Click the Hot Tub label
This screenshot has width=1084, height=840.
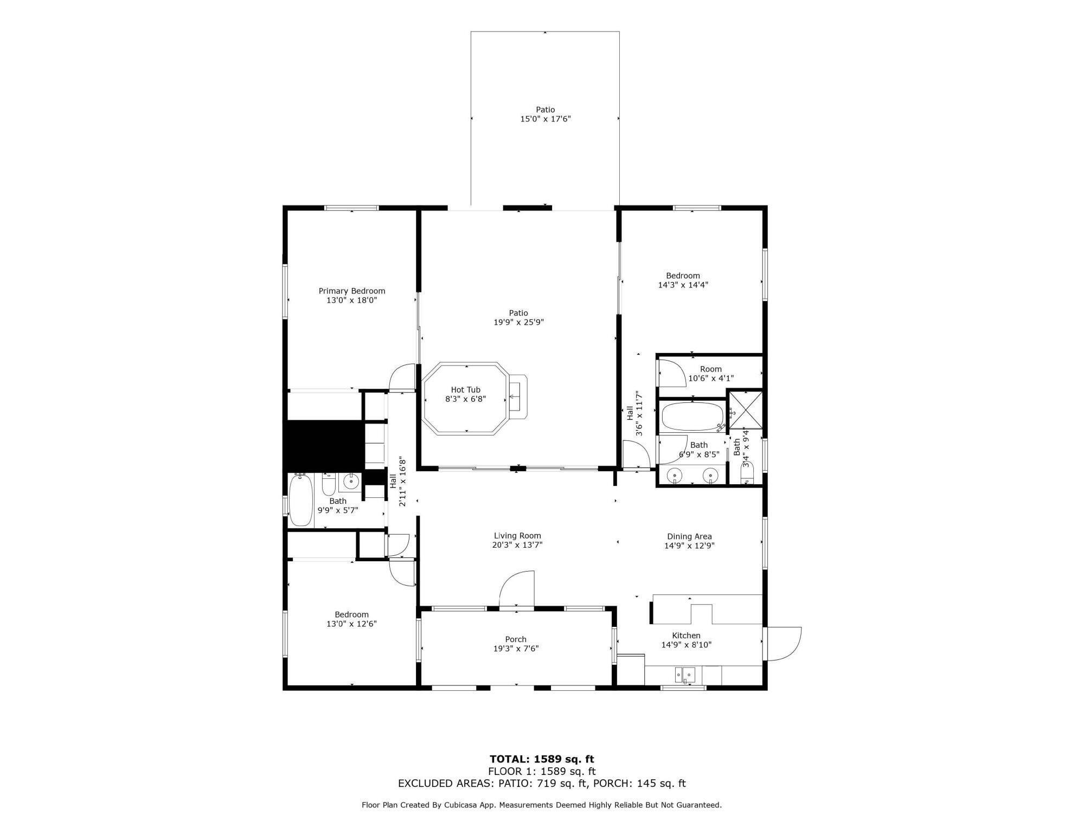pos(465,389)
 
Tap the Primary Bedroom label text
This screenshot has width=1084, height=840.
pos(352,291)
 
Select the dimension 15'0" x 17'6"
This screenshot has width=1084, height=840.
pos(546,119)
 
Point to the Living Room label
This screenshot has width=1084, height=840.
pos(517,536)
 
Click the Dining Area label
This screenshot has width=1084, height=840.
pos(689,537)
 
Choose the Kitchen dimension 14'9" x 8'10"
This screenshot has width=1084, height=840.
pos(686,645)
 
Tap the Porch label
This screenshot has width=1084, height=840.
pos(516,639)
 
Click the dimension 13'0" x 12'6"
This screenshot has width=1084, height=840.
pos(351,624)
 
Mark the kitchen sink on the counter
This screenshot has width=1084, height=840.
pos(685,675)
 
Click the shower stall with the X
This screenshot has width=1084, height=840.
pos(745,409)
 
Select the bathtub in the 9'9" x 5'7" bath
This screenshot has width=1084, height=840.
pos(301,500)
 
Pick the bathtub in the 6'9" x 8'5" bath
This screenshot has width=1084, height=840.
pos(692,416)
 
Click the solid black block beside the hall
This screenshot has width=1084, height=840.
pos(323,445)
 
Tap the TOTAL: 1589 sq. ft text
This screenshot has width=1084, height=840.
pos(542,759)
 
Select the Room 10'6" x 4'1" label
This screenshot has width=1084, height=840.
pos(711,374)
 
